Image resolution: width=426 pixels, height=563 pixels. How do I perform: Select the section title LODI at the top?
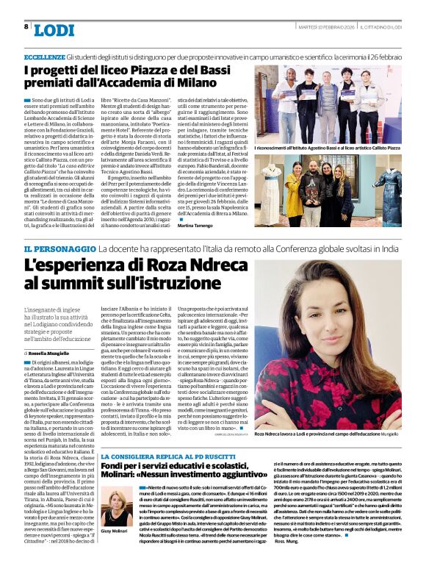coord(54,30)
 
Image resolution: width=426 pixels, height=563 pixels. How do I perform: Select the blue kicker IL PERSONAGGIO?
coord(60,250)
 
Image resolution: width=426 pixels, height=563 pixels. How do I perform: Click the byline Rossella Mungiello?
coord(58,354)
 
